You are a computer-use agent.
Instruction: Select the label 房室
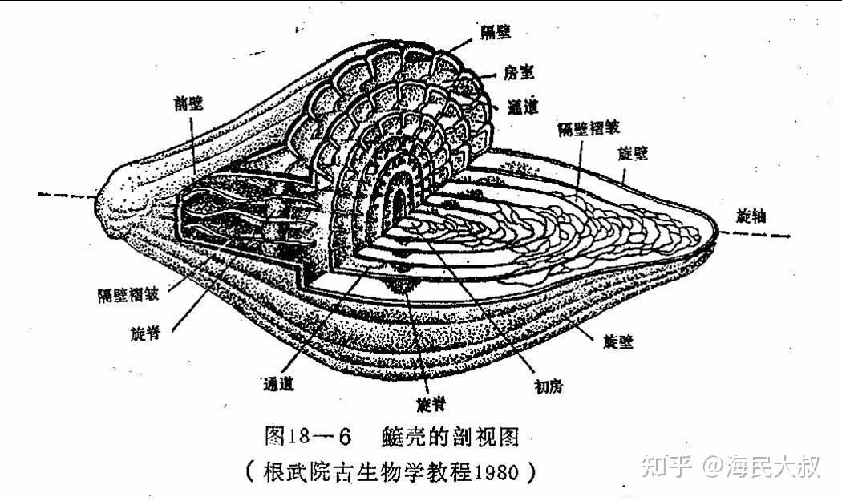[520, 73]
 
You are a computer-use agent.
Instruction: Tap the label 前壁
[191, 103]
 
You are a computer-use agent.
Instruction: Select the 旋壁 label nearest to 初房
[618, 341]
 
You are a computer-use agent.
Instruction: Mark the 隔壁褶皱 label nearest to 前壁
[128, 294]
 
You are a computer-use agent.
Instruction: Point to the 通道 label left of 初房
[277, 383]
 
